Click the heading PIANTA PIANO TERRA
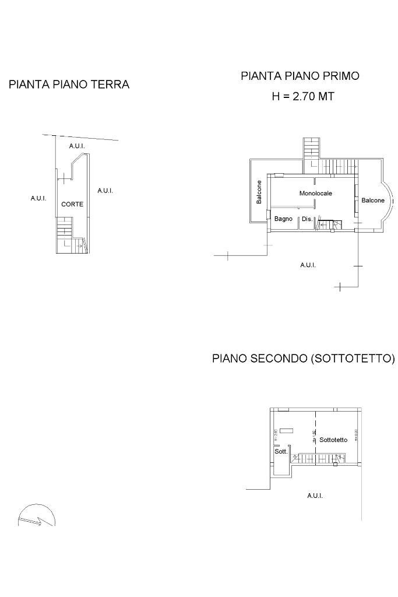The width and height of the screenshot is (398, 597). (69, 85)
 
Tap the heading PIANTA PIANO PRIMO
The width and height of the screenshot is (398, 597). (300, 76)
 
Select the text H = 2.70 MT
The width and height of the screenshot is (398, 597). (303, 97)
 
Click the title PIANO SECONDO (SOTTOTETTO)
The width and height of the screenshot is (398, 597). (303, 358)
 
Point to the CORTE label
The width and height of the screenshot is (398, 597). (72, 205)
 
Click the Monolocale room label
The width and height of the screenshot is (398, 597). (316, 193)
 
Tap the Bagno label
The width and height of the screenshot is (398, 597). (283, 219)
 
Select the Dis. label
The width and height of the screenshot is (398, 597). (307, 220)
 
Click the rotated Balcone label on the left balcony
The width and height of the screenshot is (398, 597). (259, 192)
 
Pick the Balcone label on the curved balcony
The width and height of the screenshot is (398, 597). (373, 201)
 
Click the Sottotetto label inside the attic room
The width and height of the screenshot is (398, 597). (333, 440)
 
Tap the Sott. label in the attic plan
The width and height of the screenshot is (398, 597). (281, 452)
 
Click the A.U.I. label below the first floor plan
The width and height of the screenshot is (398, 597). (308, 265)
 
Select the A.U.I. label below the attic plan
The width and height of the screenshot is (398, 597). (315, 496)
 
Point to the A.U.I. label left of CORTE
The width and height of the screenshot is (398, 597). (38, 199)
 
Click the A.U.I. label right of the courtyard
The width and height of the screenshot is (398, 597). (105, 191)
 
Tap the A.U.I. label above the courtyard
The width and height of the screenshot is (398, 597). (77, 145)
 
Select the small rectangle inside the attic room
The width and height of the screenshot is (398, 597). (286, 430)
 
